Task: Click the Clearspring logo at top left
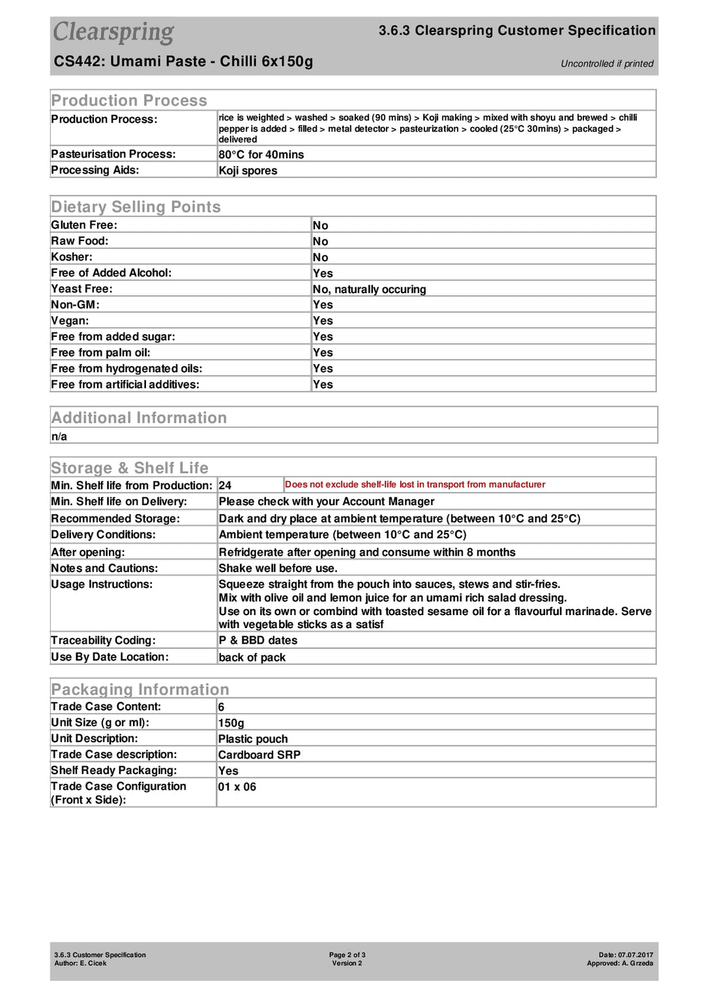click(x=113, y=32)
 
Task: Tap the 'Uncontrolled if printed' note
click(x=607, y=64)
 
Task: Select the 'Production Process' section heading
click(x=129, y=100)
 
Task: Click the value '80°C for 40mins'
click(x=261, y=154)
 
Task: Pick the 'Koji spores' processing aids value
click(x=248, y=171)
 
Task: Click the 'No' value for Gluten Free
click(x=320, y=225)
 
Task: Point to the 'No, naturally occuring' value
click(x=369, y=289)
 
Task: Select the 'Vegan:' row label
click(x=70, y=321)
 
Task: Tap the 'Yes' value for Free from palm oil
click(x=323, y=353)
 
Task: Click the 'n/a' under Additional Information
click(x=59, y=437)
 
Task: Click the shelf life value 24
click(x=225, y=485)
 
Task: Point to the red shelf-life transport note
click(x=415, y=485)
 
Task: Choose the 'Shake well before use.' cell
click(x=278, y=568)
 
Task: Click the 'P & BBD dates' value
click(x=258, y=641)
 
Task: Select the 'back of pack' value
click(x=252, y=657)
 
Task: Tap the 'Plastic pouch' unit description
click(x=253, y=739)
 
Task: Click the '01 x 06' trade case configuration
click(x=237, y=787)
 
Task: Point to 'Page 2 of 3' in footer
click(x=347, y=955)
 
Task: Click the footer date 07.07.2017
click(x=635, y=955)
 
